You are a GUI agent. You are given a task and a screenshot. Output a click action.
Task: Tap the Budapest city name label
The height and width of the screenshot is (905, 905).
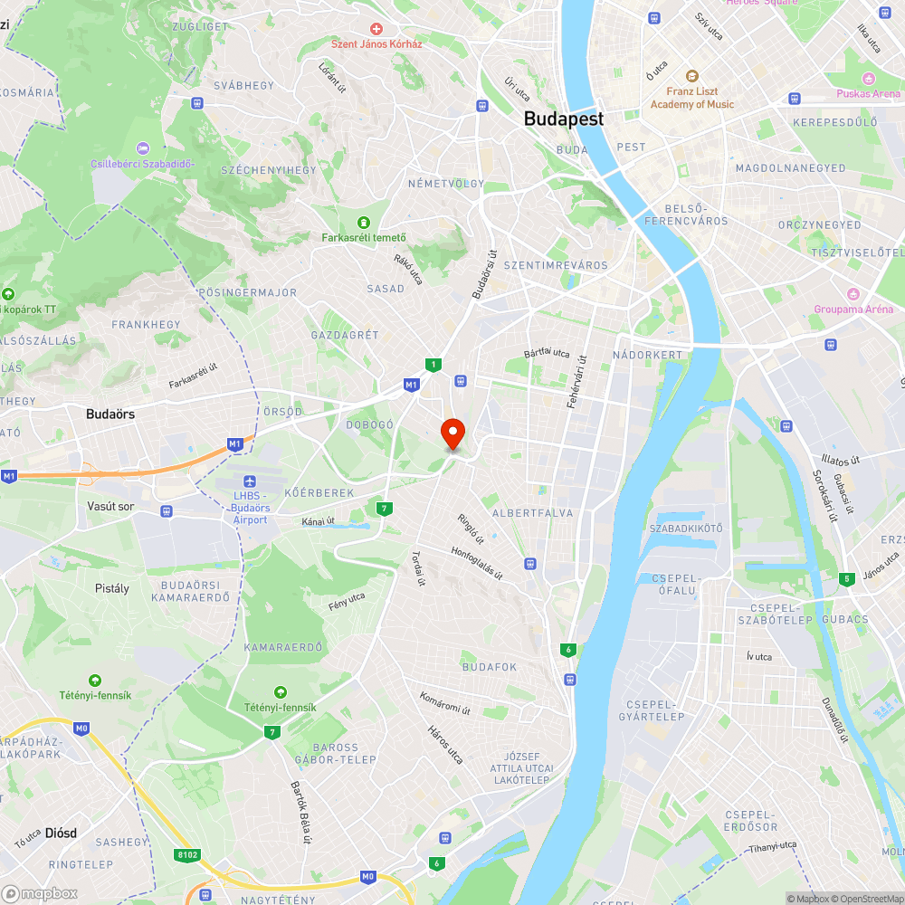pyautogui.click(x=563, y=119)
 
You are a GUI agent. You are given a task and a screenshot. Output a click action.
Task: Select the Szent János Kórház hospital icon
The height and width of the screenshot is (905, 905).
pyautogui.click(x=376, y=29)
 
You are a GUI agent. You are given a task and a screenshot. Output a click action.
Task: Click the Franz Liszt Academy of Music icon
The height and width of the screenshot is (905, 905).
pyautogui.click(x=692, y=77)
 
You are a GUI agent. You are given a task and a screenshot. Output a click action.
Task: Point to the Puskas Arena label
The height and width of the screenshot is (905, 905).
pyautogui.click(x=868, y=93)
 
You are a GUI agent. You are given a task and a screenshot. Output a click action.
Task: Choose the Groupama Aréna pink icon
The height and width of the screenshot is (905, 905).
pyautogui.click(x=852, y=293)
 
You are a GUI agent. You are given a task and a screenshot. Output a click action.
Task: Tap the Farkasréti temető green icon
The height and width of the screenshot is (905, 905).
pyautogui.click(x=364, y=222)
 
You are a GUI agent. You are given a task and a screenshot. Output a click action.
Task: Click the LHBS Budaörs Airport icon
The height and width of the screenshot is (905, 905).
pyautogui.click(x=251, y=480)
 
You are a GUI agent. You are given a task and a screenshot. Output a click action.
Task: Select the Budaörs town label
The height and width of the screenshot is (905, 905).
pyautogui.click(x=110, y=414)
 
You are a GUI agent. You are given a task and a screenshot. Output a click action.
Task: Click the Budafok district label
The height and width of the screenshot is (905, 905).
pyautogui.click(x=489, y=667)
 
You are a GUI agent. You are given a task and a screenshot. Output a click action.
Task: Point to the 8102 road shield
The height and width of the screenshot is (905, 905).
pyautogui.click(x=187, y=853)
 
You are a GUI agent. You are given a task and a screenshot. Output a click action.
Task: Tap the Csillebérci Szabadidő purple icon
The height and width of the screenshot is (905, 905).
pyautogui.click(x=142, y=148)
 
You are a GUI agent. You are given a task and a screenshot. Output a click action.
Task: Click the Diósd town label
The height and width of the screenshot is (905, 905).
pyautogui.click(x=61, y=833)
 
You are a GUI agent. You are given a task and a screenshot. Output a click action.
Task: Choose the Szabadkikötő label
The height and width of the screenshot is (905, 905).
pyautogui.click(x=686, y=528)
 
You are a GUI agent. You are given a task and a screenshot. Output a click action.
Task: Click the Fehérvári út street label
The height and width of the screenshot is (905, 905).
pyautogui.click(x=577, y=380)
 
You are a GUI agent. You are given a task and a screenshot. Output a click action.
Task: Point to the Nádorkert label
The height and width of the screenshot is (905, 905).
pyautogui.click(x=647, y=355)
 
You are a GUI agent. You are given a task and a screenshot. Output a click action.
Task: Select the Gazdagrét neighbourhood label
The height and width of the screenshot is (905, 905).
pyautogui.click(x=344, y=335)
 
